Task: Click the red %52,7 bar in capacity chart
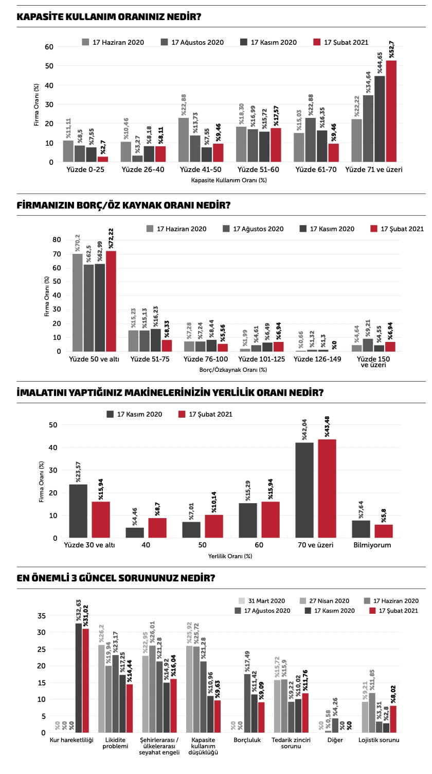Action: (391, 111)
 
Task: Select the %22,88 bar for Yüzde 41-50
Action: (184, 140)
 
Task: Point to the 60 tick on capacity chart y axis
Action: (49, 47)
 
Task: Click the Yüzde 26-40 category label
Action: (142, 169)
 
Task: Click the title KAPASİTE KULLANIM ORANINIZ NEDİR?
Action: (109, 16)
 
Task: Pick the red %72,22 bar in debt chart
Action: (111, 301)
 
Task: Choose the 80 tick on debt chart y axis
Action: (58, 239)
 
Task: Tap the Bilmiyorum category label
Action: (372, 545)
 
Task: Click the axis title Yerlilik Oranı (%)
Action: (230, 556)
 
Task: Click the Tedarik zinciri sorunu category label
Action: (291, 743)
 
